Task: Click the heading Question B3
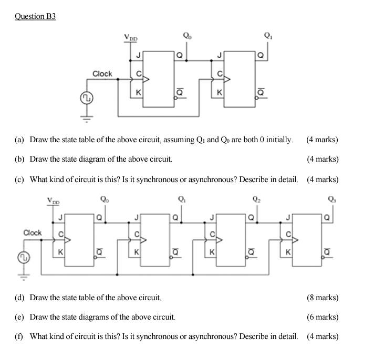tap(35, 16)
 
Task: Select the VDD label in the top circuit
tap(131, 37)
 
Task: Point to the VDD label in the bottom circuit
tap(54, 200)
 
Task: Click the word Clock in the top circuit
tap(102, 73)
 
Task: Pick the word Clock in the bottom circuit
tap(33, 232)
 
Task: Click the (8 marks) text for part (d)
tap(323, 298)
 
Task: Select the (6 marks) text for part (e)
tap(323, 317)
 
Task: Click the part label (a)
tap(19, 140)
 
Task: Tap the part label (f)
tap(19, 336)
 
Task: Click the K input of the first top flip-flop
tap(138, 92)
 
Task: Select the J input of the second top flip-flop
tap(219, 55)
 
